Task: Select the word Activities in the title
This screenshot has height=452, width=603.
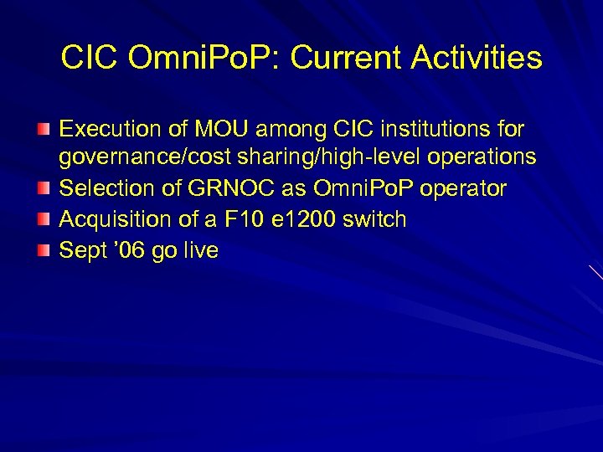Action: tap(483, 59)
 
